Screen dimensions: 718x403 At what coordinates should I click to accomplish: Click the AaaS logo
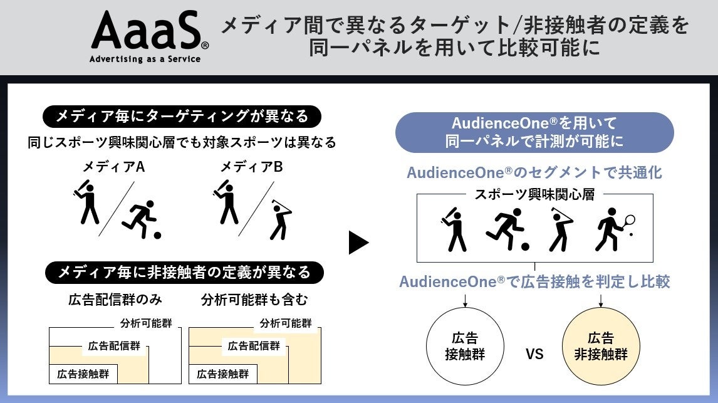coord(147,31)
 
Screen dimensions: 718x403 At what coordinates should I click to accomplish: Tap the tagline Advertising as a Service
coord(145,60)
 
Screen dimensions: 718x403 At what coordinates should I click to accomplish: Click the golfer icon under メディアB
coord(280,219)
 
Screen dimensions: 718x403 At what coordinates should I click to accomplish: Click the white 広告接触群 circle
coord(465,347)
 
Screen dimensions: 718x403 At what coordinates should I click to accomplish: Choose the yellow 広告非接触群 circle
coord(601,347)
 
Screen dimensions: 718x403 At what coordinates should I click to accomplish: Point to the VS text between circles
coord(534,355)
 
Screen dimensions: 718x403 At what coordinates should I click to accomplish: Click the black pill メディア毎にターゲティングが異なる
coord(182,117)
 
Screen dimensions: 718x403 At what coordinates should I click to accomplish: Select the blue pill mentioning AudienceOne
coord(534,132)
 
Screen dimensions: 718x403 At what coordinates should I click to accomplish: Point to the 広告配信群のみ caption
coord(105,300)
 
